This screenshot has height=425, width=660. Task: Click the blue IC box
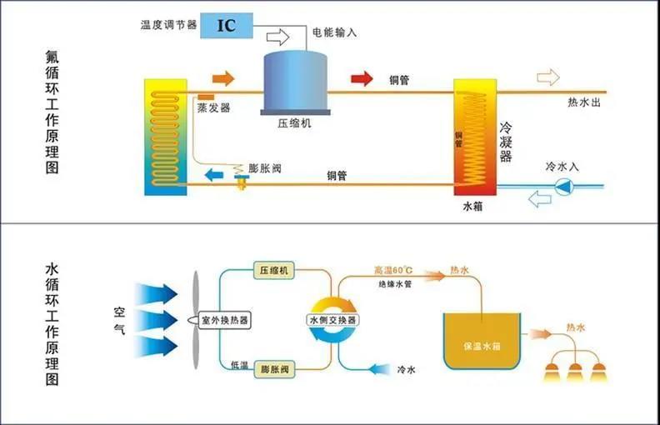click(227, 23)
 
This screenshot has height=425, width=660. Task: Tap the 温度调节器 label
click(168, 24)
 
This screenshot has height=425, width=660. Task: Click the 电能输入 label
click(333, 33)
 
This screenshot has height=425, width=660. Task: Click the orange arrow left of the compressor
click(223, 78)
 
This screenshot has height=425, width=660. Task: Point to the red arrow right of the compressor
click(362, 78)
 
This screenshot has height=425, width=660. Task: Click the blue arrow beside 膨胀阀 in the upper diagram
click(215, 174)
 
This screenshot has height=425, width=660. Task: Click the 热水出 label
click(582, 102)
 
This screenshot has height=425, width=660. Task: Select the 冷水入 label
click(562, 167)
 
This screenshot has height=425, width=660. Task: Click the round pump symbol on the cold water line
click(565, 186)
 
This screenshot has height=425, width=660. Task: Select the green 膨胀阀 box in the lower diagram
click(273, 367)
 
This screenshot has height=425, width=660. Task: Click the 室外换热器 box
click(227, 320)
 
